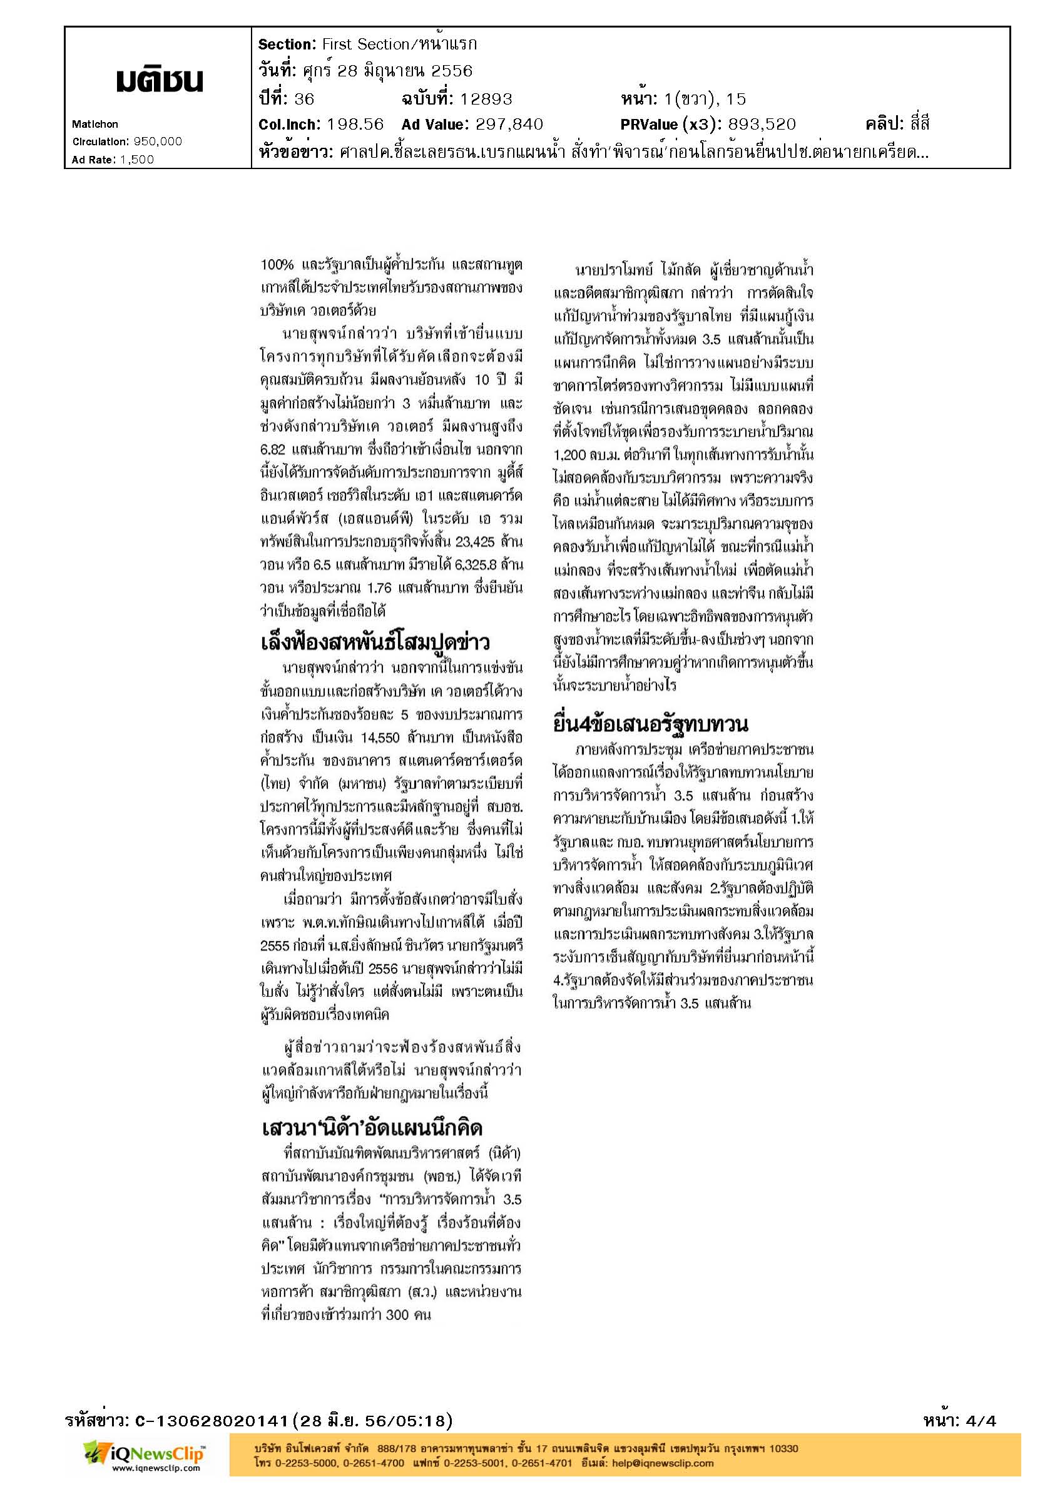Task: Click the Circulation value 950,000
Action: click(x=158, y=142)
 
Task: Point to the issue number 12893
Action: click(x=486, y=99)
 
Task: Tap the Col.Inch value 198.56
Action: click(x=355, y=124)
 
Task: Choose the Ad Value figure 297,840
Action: click(x=509, y=124)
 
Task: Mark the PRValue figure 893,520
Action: click(x=762, y=124)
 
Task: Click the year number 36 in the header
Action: click(x=304, y=99)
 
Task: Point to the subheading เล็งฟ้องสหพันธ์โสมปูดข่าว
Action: click(x=375, y=643)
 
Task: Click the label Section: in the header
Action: click(x=286, y=44)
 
